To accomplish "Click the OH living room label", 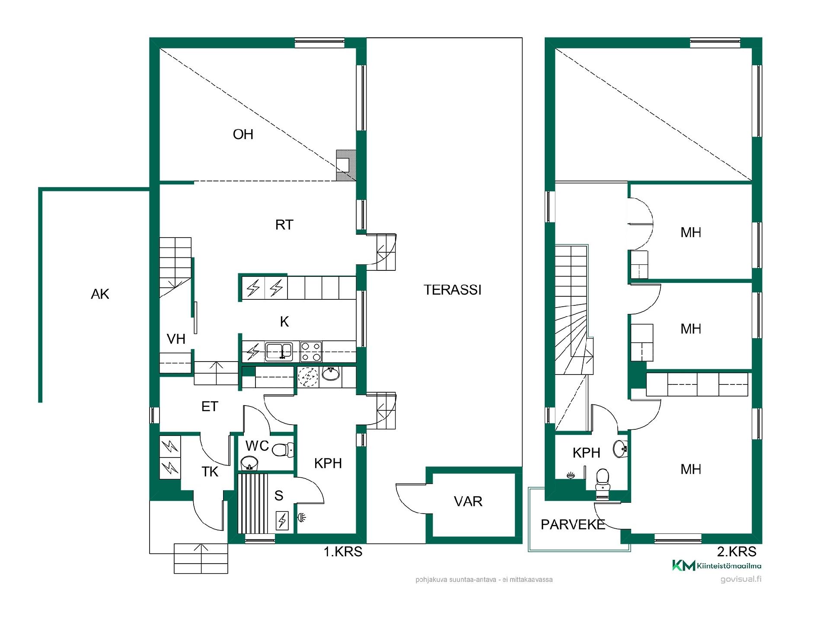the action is (243, 134).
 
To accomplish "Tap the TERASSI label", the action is (452, 290).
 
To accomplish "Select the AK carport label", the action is (100, 294).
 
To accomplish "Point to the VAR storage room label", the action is (468, 501).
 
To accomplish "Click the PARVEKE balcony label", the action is (573, 524).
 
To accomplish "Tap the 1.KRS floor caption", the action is (343, 552).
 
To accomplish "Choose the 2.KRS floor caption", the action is (737, 552).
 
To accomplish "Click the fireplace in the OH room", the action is (346, 165).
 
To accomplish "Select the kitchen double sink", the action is (279, 352).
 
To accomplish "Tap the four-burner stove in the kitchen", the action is (311, 352).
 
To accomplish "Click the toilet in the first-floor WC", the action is (283, 450).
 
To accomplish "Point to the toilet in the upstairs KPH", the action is (602, 480).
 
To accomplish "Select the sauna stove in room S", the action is (282, 520).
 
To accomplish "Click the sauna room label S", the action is (279, 495).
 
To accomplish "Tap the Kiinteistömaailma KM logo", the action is (717, 565).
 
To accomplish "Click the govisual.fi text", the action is (741, 579).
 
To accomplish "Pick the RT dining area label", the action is (284, 225).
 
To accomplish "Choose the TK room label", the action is (210, 472).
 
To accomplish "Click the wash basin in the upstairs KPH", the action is (620, 449).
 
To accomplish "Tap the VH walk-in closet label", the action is (176, 339).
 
